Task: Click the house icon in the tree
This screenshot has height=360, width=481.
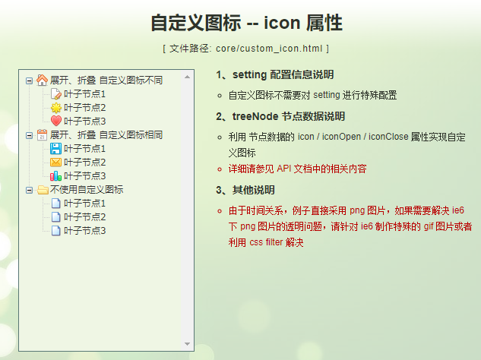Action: pos(42,80)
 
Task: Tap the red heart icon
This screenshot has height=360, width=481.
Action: pos(55,121)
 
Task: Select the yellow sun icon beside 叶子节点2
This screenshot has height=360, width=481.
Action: pos(55,107)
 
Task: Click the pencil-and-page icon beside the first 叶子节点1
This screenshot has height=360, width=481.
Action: pos(55,93)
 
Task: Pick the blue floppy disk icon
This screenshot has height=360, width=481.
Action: pos(55,148)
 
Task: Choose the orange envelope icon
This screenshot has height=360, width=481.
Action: pos(55,162)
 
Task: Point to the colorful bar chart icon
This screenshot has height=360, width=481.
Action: pos(55,175)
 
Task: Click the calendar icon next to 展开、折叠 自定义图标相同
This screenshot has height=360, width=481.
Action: pos(42,134)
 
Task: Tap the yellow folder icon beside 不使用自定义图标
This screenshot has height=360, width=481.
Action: pos(42,189)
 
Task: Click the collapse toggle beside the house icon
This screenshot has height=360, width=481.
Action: pos(29,80)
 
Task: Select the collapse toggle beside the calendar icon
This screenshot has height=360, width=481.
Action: pos(29,134)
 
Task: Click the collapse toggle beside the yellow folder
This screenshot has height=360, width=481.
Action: pos(29,189)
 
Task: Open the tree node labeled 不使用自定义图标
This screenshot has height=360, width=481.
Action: pos(87,189)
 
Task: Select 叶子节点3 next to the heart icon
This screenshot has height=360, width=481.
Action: pos(85,121)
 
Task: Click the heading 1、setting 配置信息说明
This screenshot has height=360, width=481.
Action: pos(274,75)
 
